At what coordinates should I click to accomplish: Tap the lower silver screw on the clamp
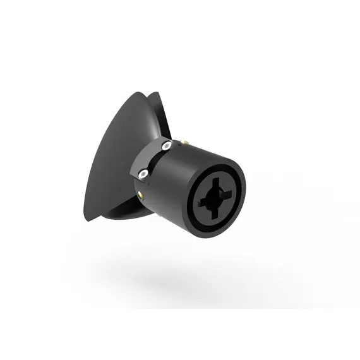click(145, 171)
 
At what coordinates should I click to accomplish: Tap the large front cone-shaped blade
click(114, 158)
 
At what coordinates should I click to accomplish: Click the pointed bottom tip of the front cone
click(88, 220)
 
